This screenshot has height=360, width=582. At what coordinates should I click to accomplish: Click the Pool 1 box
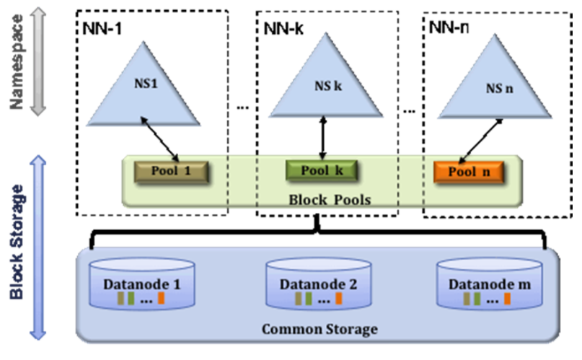[171, 172]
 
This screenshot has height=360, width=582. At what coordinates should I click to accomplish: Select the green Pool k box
[322, 171]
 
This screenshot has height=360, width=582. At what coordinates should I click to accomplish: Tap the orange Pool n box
[469, 172]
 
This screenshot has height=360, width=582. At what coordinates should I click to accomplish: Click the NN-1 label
[102, 29]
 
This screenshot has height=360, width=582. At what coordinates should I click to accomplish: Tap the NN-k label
[283, 29]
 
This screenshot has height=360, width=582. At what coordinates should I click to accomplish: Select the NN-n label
[449, 27]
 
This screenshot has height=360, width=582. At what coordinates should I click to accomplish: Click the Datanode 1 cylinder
[142, 284]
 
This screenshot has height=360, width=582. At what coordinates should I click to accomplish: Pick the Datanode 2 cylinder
[319, 284]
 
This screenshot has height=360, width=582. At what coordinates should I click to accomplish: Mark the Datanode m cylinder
[490, 284]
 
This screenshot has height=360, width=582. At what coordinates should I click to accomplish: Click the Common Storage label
[319, 329]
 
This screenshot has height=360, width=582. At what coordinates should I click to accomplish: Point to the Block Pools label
[330, 200]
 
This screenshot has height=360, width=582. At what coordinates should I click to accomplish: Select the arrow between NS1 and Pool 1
[160, 139]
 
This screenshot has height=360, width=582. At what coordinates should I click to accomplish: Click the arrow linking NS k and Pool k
[323, 138]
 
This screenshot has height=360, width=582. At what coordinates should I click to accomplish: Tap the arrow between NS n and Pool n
[481, 141]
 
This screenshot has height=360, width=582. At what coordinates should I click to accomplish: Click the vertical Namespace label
[17, 62]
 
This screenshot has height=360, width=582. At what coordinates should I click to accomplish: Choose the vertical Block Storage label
[17, 242]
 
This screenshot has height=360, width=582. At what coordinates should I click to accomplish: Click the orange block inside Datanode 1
[161, 298]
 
